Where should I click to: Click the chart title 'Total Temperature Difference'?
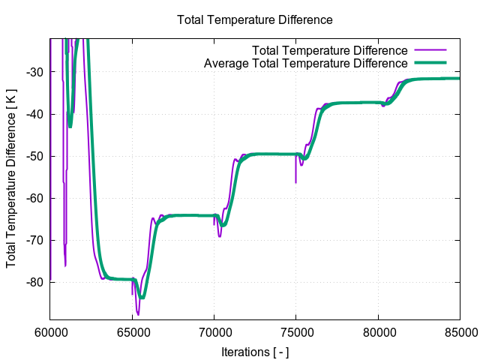(x=254, y=19)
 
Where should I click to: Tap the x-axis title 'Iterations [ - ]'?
(x=254, y=352)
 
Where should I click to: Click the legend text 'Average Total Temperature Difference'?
(x=305, y=63)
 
